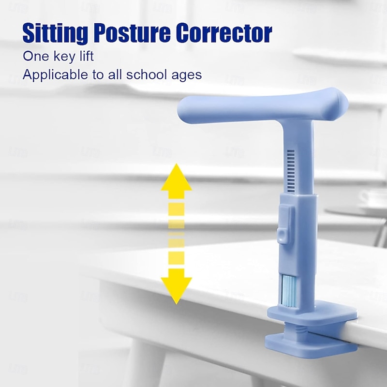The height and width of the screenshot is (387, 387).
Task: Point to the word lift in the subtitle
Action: [x=86, y=56]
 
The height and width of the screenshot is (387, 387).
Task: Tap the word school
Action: [x=153, y=75]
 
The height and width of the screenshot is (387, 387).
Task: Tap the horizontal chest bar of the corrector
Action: [x=261, y=106]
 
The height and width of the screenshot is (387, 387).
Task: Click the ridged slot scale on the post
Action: [x=290, y=169]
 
